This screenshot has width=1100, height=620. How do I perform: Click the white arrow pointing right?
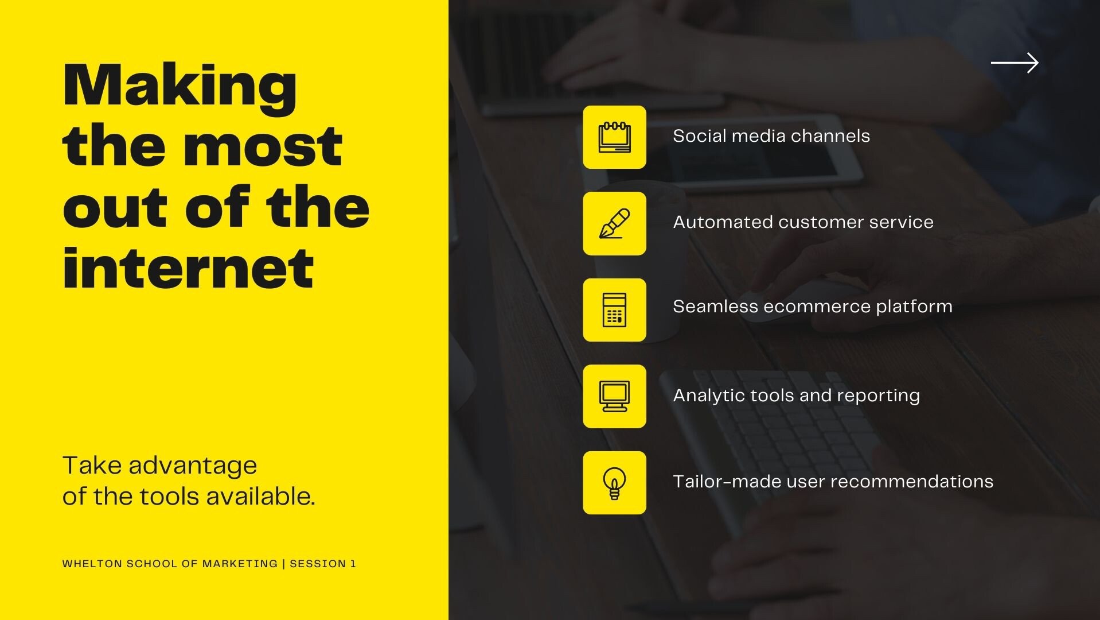click(1015, 63)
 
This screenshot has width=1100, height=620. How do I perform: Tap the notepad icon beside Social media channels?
click(614, 137)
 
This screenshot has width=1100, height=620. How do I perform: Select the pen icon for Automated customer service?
click(614, 223)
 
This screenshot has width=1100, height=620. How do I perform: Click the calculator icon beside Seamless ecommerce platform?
click(614, 310)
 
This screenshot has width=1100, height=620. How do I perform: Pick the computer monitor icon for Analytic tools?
click(614, 396)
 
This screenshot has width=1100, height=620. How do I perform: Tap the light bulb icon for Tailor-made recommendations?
click(614, 483)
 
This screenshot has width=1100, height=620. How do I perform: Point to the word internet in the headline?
click(188, 268)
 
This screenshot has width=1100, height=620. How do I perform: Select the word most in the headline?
click(263, 146)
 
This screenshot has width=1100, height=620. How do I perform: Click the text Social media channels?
click(771, 136)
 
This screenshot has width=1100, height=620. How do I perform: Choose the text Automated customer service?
click(803, 222)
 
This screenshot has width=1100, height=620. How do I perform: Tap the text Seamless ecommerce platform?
click(813, 307)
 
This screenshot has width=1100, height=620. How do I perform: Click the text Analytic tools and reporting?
click(797, 396)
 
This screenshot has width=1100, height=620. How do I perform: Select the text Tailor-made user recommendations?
click(833, 481)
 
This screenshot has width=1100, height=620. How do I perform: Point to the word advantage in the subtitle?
click(193, 466)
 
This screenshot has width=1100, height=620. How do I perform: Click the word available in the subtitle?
click(260, 497)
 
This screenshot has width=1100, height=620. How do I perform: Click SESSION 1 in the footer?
click(323, 564)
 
